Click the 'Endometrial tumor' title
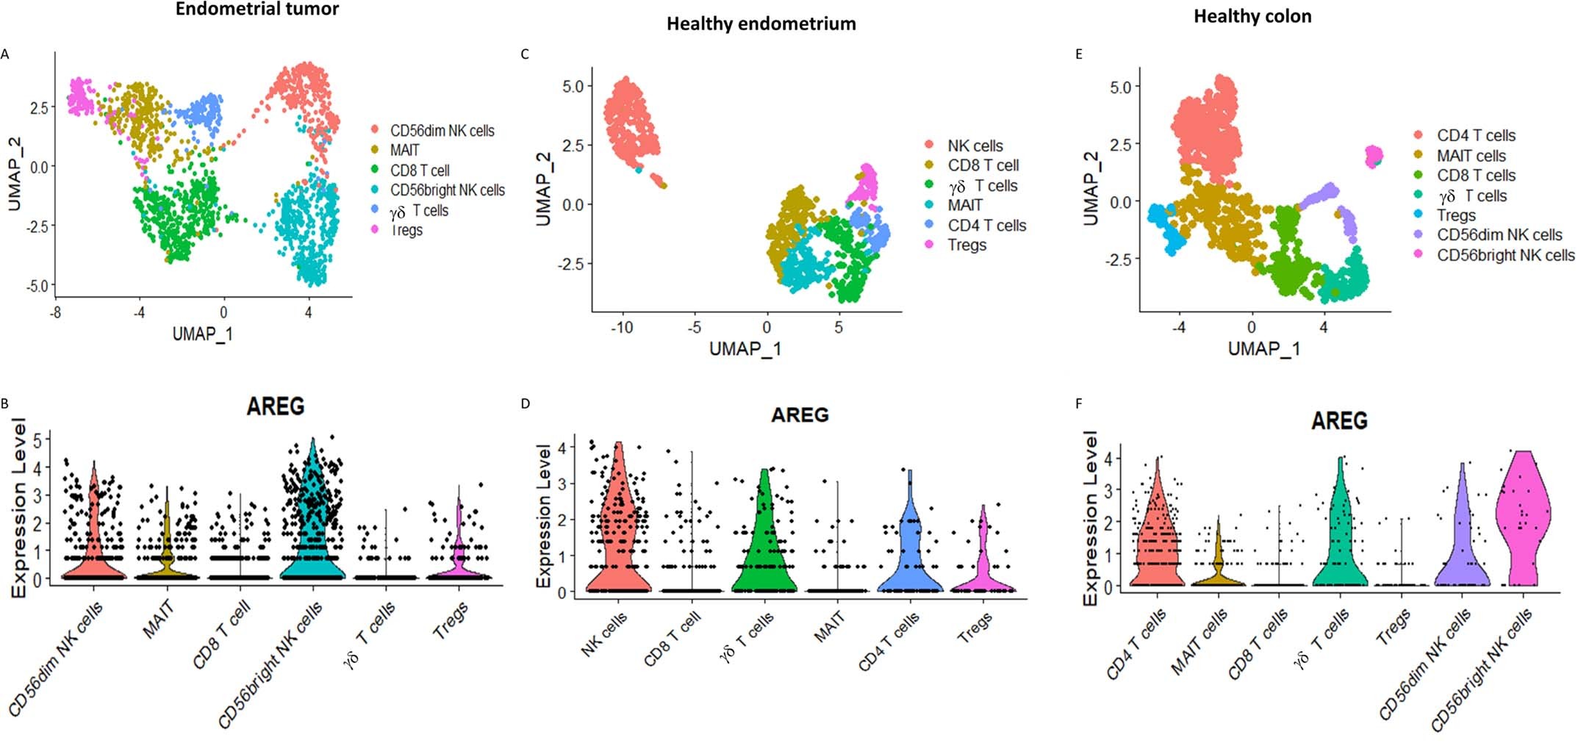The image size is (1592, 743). (257, 10)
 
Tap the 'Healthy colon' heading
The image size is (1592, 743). (1252, 16)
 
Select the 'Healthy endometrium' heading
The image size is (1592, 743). (761, 24)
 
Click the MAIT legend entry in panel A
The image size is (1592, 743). (404, 150)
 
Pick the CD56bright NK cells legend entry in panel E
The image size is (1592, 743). (1505, 255)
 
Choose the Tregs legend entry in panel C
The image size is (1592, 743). (967, 245)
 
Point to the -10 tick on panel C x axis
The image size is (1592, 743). (622, 327)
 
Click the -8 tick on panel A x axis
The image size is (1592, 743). (55, 312)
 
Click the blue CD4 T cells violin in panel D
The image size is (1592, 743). (910, 559)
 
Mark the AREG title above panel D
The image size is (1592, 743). (800, 415)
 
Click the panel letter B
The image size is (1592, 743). (5, 403)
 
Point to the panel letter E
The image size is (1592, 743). (1078, 54)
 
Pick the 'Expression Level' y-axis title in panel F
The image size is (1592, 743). (1090, 518)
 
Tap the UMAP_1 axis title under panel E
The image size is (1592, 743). (1263, 348)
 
